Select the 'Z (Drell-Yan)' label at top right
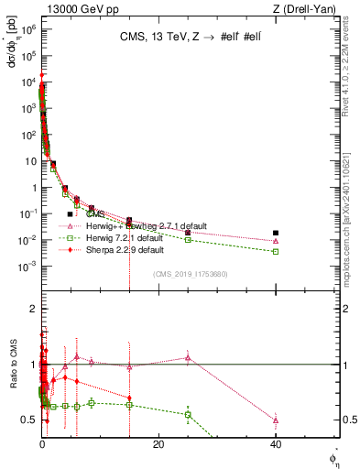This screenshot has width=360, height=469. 309,8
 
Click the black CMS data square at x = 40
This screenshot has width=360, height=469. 276,233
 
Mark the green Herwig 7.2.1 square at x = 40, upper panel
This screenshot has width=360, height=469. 276,252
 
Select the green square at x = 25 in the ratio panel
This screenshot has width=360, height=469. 188,414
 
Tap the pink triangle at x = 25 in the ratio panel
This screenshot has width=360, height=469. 188,357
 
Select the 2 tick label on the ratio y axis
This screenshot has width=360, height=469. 32,309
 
